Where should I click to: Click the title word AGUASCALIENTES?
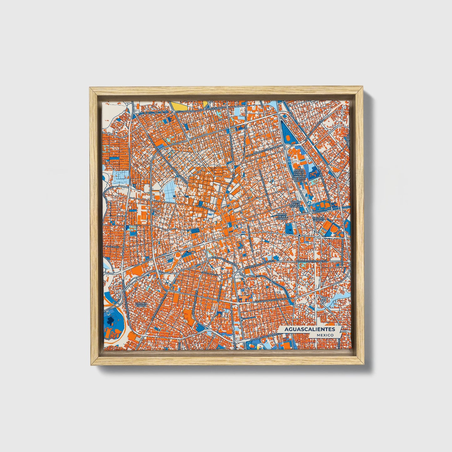click(310, 329)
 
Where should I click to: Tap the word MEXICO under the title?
click(325, 335)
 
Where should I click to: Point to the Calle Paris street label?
click(112, 247)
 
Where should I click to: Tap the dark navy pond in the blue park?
click(110, 320)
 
